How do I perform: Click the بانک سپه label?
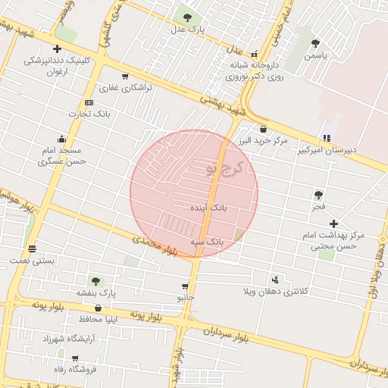click(x=207, y=241)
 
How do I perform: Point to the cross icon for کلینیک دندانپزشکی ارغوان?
click(x=57, y=48)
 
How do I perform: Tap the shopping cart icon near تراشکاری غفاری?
click(x=124, y=76)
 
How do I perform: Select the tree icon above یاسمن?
click(x=315, y=43)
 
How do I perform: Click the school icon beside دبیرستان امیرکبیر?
click(x=327, y=138)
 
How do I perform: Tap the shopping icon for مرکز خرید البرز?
click(x=263, y=129)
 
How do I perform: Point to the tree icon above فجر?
click(x=318, y=194)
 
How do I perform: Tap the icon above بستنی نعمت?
click(x=32, y=248)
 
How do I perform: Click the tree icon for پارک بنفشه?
click(x=95, y=281)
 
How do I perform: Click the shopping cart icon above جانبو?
click(x=185, y=286)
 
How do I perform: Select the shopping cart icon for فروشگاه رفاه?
click(x=74, y=358)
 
